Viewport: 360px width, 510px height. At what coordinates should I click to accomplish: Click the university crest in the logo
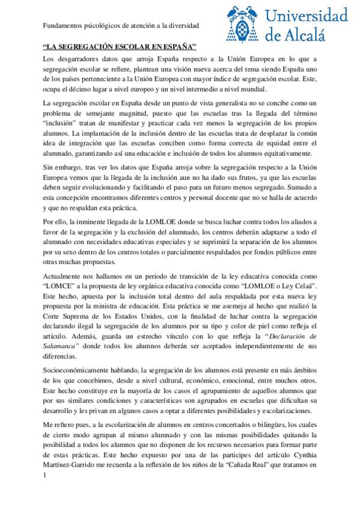point(243,25)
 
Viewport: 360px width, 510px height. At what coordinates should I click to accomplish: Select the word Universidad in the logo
point(307,16)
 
